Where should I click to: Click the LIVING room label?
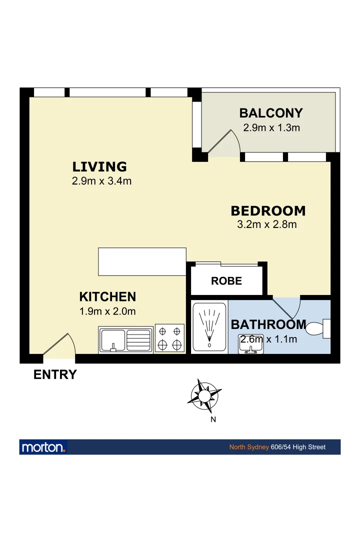pos(99,166)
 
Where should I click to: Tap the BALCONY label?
pos(270,113)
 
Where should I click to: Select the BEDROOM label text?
pos(268,210)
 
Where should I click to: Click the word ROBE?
pos(226,281)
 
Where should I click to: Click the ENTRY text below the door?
pos(55,374)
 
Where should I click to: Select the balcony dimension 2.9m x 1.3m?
pos(271,127)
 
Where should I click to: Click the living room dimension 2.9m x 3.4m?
pos(101,181)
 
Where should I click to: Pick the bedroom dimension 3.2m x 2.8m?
pos(267,224)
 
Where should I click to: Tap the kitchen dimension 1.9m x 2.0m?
pos(107,311)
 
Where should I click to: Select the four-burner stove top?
pos(169,337)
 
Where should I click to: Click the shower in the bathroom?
pos(209,326)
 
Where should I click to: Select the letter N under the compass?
pos(213,419)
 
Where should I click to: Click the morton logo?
pos(43,447)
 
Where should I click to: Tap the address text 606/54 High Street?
pos(298,447)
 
